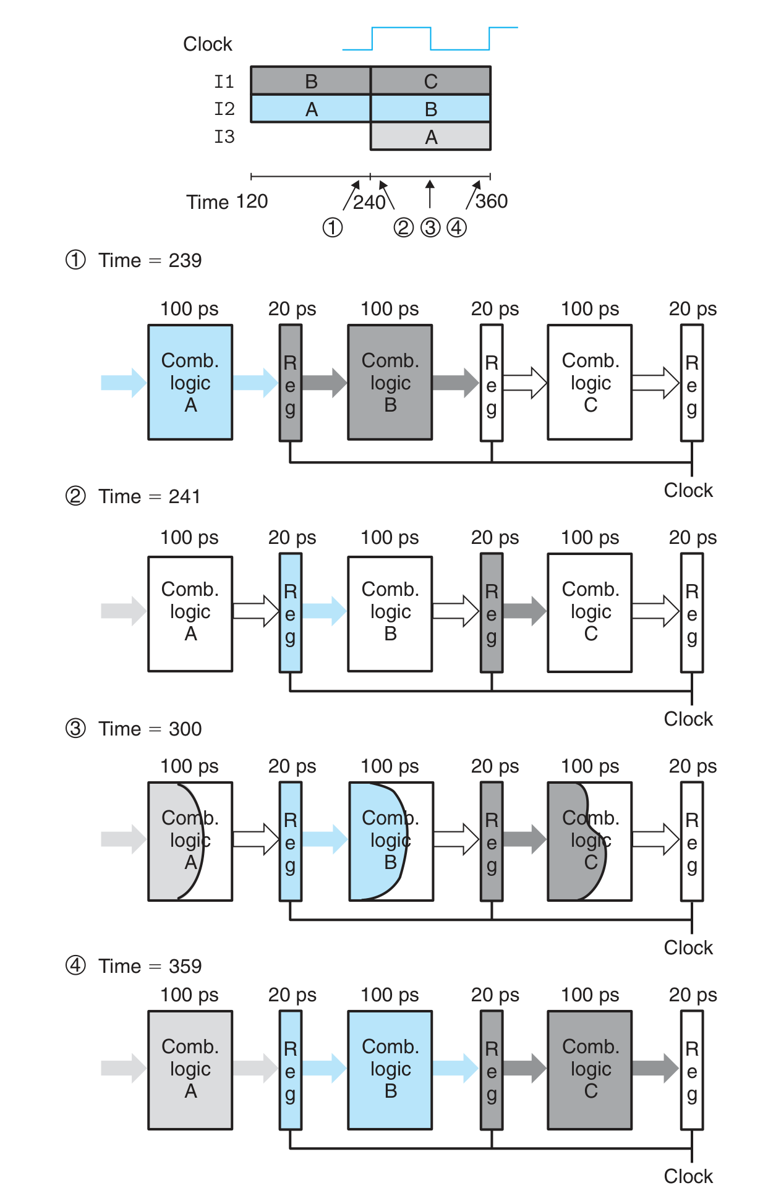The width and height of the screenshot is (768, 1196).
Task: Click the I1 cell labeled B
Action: [310, 81]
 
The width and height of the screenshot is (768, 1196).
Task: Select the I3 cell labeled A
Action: [430, 137]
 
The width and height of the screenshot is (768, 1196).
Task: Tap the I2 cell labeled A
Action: [310, 109]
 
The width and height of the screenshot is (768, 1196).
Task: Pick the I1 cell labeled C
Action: [430, 81]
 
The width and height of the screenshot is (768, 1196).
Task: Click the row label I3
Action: [224, 137]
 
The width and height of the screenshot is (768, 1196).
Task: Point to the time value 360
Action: [492, 201]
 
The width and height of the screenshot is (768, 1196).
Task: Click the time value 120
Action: [252, 201]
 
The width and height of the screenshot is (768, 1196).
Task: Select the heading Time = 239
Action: [150, 260]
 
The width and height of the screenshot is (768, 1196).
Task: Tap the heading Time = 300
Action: [150, 729]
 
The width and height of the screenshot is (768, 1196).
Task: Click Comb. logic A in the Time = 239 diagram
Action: [190, 383]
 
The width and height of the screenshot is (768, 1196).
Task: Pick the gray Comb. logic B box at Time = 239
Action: [390, 383]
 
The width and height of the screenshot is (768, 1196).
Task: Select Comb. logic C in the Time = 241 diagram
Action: [590, 612]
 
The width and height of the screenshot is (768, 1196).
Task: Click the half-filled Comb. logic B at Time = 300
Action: [391, 841]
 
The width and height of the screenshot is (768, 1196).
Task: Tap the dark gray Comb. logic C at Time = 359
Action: [590, 1069]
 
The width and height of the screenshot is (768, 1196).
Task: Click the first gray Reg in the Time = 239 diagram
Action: [290, 383]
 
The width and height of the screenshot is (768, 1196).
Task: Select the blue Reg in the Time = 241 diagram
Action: [290, 613]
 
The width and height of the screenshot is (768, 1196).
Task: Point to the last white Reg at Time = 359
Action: [692, 1070]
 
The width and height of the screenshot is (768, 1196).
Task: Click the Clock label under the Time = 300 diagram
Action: [688, 948]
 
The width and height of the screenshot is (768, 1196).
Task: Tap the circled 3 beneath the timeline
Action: [430, 228]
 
